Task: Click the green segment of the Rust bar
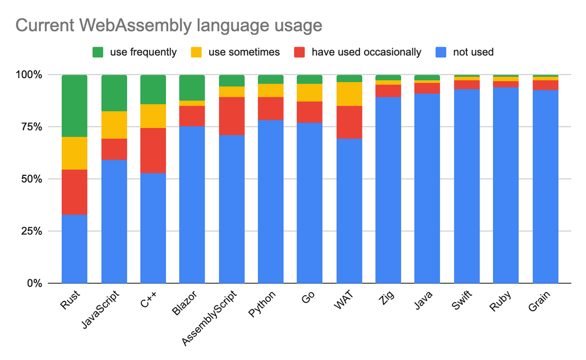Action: (75, 106)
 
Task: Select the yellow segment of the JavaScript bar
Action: (114, 125)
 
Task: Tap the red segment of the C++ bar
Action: (153, 150)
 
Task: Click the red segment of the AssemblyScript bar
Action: (232, 116)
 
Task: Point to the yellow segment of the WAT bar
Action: (350, 94)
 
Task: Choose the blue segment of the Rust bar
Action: (75, 249)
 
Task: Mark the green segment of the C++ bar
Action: (153, 89)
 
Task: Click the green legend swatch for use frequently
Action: (98, 52)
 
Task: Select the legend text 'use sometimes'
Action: (244, 52)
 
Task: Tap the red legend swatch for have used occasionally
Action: (300, 52)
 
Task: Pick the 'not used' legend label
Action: (473, 52)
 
